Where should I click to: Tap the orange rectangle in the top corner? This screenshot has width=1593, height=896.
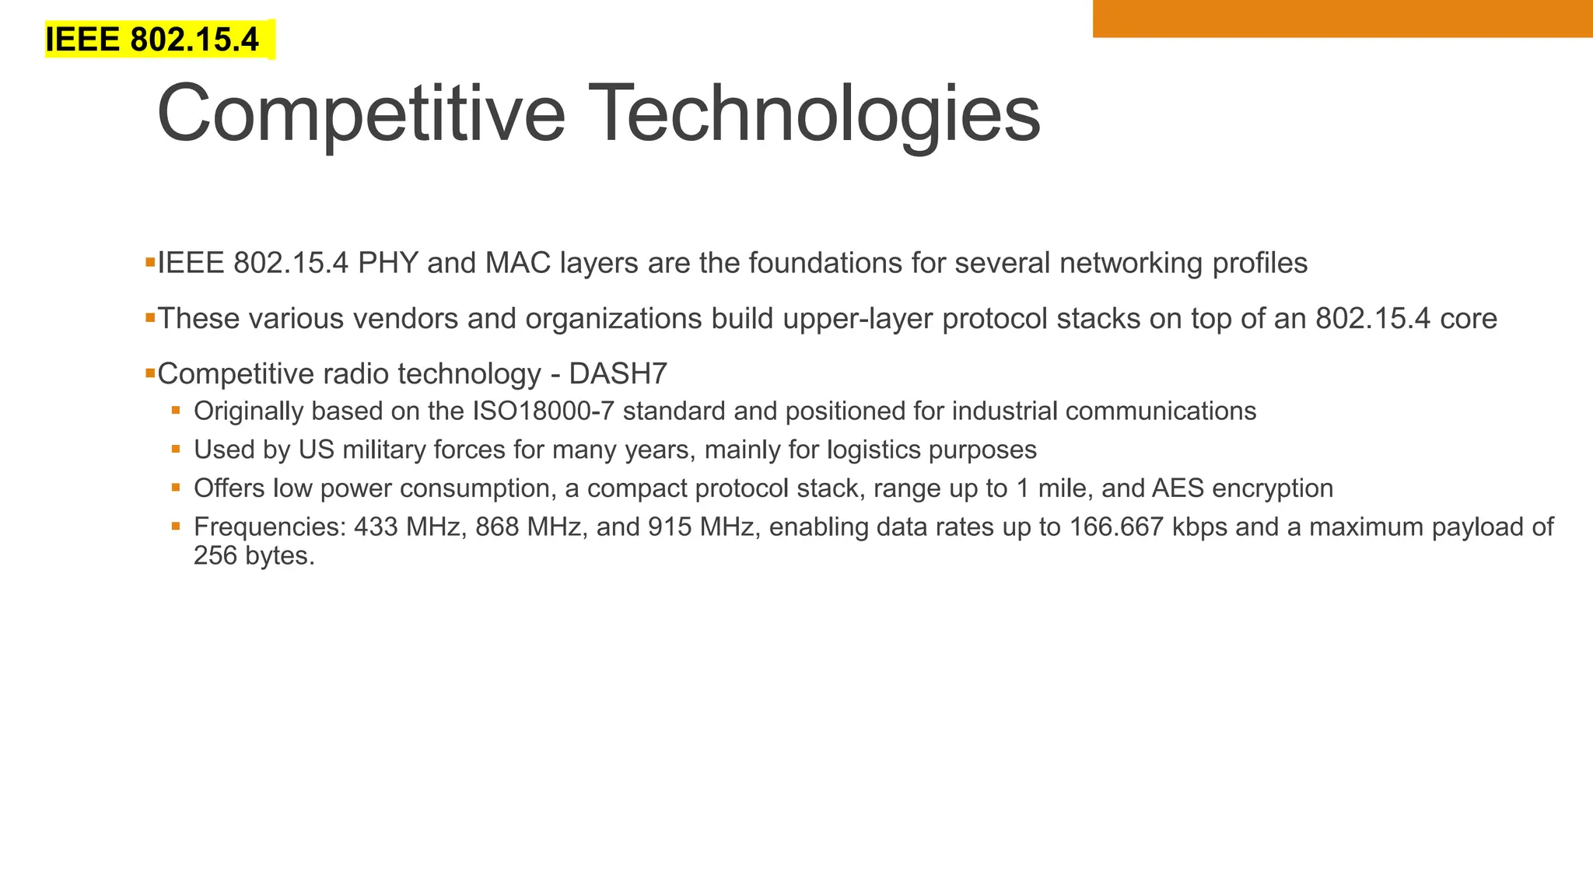(1342, 18)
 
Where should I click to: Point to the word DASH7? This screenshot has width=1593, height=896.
(618, 374)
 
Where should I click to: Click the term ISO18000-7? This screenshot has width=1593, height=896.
(544, 411)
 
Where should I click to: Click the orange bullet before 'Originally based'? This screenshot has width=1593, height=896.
(177, 410)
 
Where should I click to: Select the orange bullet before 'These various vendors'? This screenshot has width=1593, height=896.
(150, 317)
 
